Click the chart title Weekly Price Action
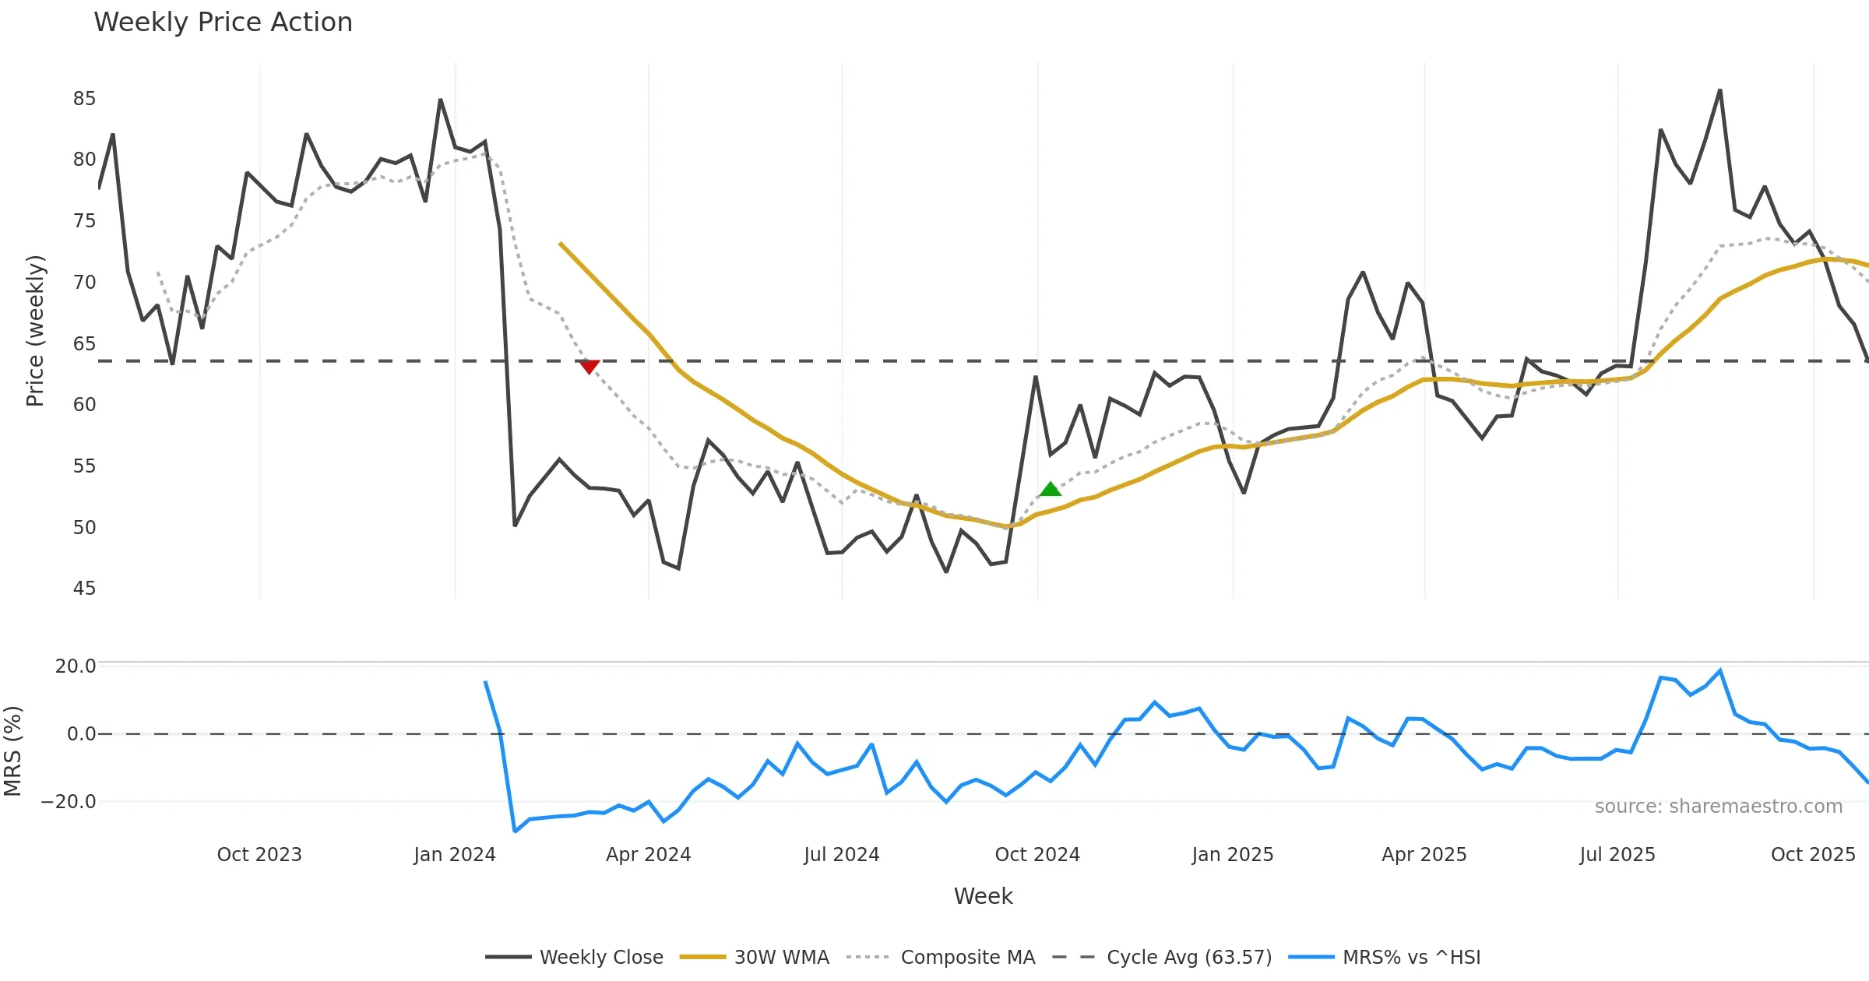[x=223, y=23]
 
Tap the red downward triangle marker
[x=590, y=367]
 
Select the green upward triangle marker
[x=1051, y=489]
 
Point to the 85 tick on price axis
[x=84, y=99]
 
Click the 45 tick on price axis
[x=84, y=589]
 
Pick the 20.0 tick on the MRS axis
[x=75, y=666]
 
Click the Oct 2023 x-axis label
[x=259, y=855]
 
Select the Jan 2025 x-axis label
[x=1232, y=855]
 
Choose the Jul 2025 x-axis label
[x=1617, y=855]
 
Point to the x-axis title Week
[x=983, y=897]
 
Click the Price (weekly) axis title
[x=35, y=331]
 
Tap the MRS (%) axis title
[x=12, y=751]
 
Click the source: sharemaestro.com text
[x=1718, y=807]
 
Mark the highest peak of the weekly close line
[x=1719, y=90]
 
